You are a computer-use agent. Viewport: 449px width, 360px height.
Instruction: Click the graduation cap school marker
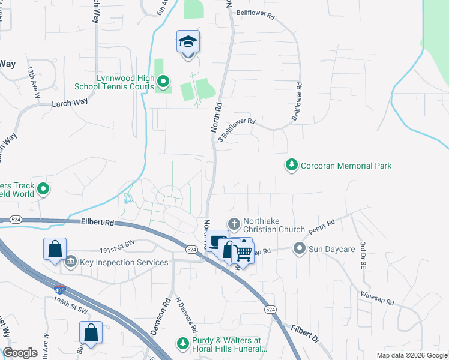188,43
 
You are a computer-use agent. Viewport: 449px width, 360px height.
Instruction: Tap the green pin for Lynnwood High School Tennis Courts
163,81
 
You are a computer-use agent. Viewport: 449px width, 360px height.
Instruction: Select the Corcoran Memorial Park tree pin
292,165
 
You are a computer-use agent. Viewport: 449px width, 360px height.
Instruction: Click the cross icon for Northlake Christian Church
234,224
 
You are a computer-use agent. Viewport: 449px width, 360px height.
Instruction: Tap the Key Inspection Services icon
71,262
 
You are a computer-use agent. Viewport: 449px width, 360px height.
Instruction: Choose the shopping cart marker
243,253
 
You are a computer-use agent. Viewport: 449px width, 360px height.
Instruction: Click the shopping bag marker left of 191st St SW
55,248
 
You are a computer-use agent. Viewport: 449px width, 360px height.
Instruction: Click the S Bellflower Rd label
237,128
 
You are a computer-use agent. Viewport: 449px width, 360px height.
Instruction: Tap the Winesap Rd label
376,298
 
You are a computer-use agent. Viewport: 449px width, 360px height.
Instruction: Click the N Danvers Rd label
186,315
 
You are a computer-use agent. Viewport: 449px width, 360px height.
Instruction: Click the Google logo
20,353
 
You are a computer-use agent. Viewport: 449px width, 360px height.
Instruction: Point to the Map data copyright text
412,355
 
